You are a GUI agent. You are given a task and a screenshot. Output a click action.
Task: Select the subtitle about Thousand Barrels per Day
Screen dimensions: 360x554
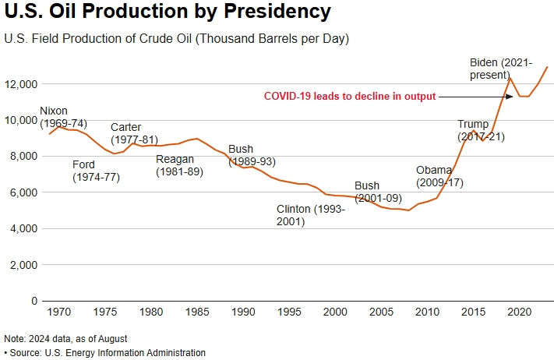click(x=176, y=38)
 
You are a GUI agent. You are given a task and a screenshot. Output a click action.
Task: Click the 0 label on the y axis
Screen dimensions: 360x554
click(x=34, y=301)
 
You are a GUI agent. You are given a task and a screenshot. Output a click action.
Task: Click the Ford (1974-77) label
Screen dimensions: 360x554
click(x=94, y=171)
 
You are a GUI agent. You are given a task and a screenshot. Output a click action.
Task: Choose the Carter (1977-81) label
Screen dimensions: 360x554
click(x=134, y=133)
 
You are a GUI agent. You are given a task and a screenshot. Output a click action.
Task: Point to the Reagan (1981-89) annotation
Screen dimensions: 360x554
click(x=179, y=164)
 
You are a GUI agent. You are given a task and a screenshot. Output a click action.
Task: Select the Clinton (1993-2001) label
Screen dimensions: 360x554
click(x=311, y=215)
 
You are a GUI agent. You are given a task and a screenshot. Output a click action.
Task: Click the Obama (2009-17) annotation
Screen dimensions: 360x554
click(x=439, y=175)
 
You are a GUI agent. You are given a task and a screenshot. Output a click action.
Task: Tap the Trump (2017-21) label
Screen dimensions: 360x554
click(x=473, y=130)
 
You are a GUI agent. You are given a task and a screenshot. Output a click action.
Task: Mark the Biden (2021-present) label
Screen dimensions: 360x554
click(x=501, y=68)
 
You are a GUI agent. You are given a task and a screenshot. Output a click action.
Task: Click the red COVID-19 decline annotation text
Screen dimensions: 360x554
click(x=350, y=96)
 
